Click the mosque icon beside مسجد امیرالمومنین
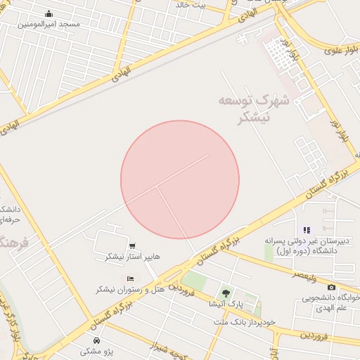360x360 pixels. (48, 14)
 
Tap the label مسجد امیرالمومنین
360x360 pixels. (49, 25)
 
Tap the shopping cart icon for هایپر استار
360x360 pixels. (132, 247)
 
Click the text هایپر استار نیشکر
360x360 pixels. (132, 257)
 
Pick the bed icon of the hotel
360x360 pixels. (130, 279)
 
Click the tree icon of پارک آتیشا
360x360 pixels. (226, 292)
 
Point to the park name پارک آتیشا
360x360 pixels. (226, 304)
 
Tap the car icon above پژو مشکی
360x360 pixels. (96, 340)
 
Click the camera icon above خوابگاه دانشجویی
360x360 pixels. (331, 287)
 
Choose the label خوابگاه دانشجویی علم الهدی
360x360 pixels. (331, 302)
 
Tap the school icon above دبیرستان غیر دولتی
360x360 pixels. (306, 230)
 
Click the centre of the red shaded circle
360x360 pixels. (180, 179)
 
